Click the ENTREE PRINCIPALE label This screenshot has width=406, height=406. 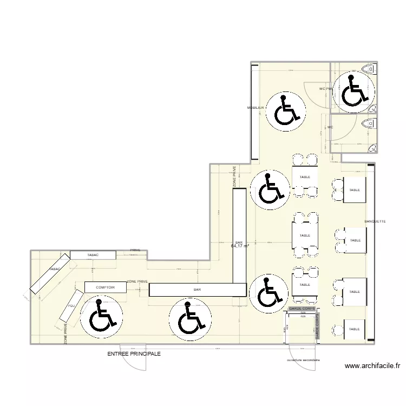pos(134,353)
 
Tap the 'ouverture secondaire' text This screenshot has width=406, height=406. pos(304,360)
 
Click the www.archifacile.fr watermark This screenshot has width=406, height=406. pos(373,366)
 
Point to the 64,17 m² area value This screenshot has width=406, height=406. pos(239,246)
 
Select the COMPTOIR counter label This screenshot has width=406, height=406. pos(105,287)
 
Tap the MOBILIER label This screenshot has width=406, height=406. pos(256,108)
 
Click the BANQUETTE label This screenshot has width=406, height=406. pos(375,221)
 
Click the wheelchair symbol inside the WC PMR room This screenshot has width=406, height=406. pos(353,90)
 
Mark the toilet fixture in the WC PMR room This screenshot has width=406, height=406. pos(370,68)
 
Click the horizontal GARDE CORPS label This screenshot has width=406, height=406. pos(302,309)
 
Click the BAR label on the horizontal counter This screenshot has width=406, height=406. pos(197,290)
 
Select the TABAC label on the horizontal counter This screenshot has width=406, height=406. pos(93,254)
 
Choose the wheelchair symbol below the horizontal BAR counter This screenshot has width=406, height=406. pos(189,318)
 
